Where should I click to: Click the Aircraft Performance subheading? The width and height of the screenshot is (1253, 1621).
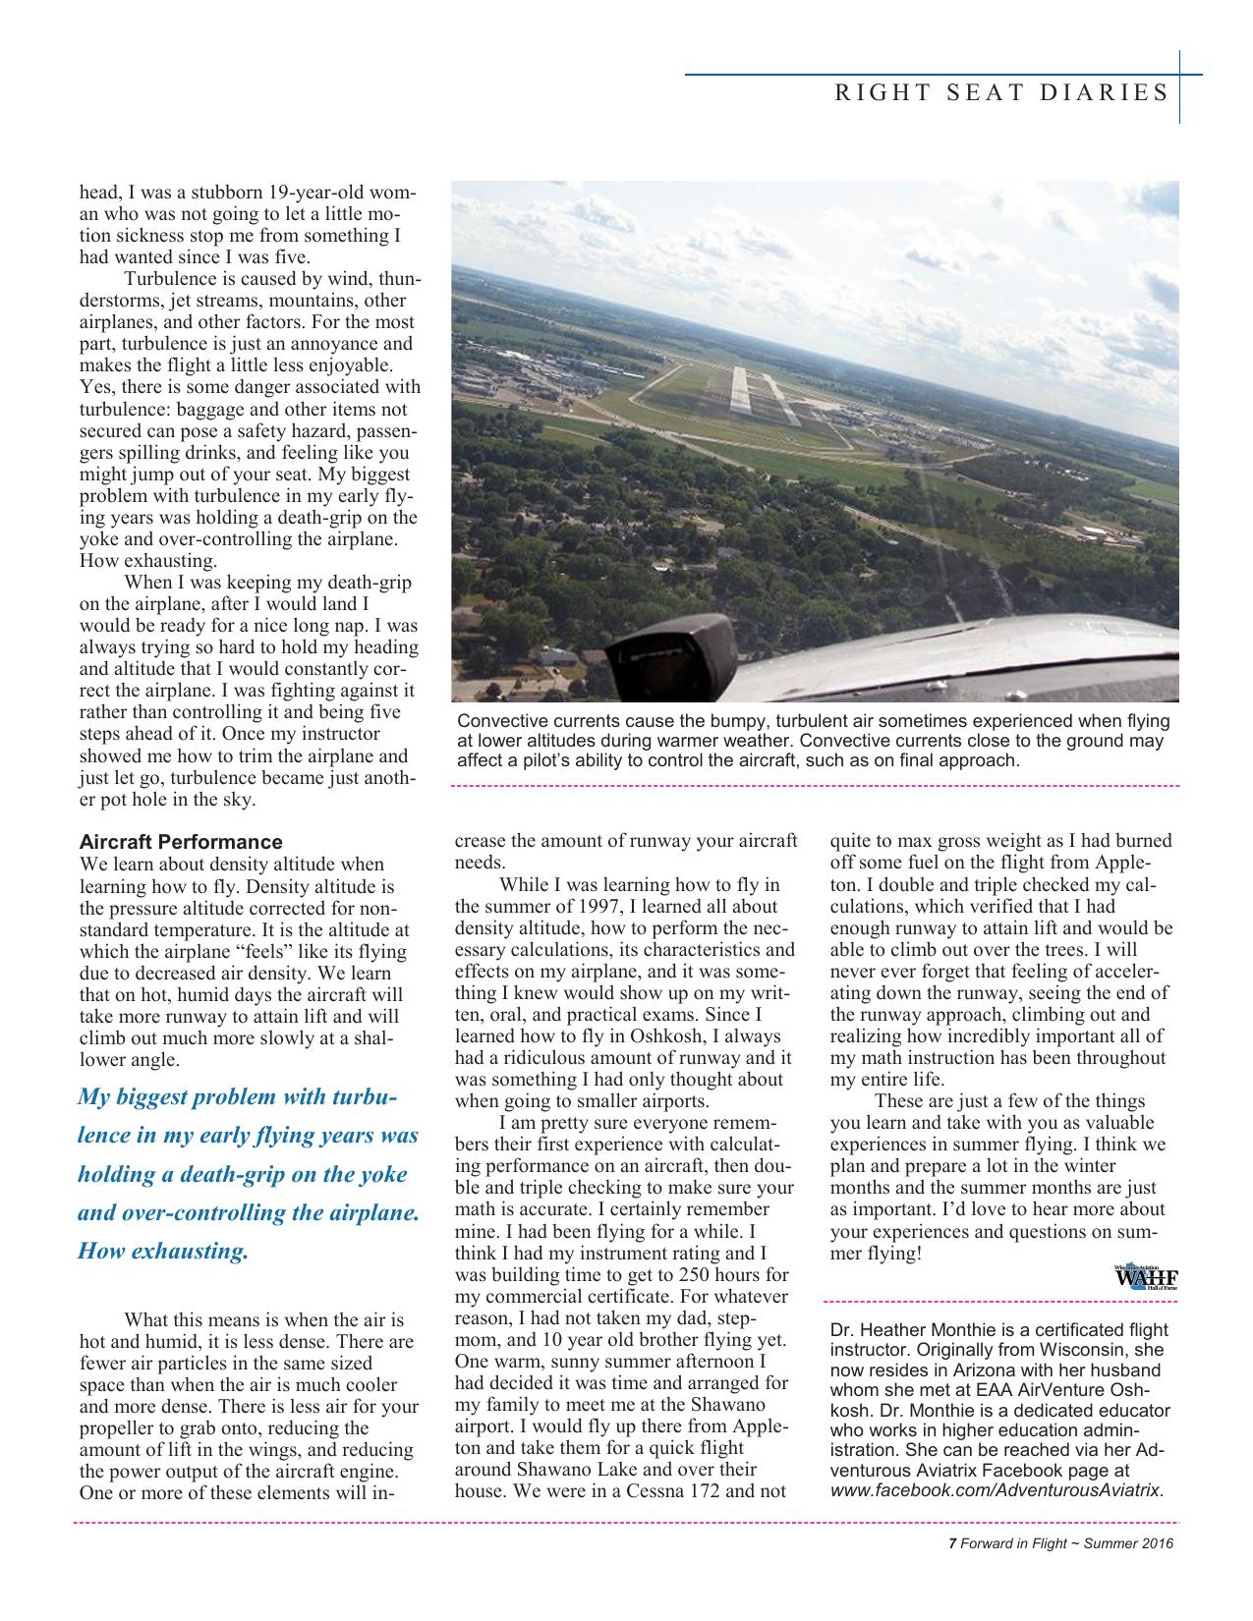pyautogui.click(x=180, y=842)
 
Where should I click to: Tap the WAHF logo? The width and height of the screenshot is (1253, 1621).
pyautogui.click(x=1145, y=1278)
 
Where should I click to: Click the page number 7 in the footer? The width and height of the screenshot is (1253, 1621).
pyautogui.click(x=952, y=1543)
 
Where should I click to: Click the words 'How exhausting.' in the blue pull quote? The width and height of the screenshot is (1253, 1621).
pyautogui.click(x=163, y=1251)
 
